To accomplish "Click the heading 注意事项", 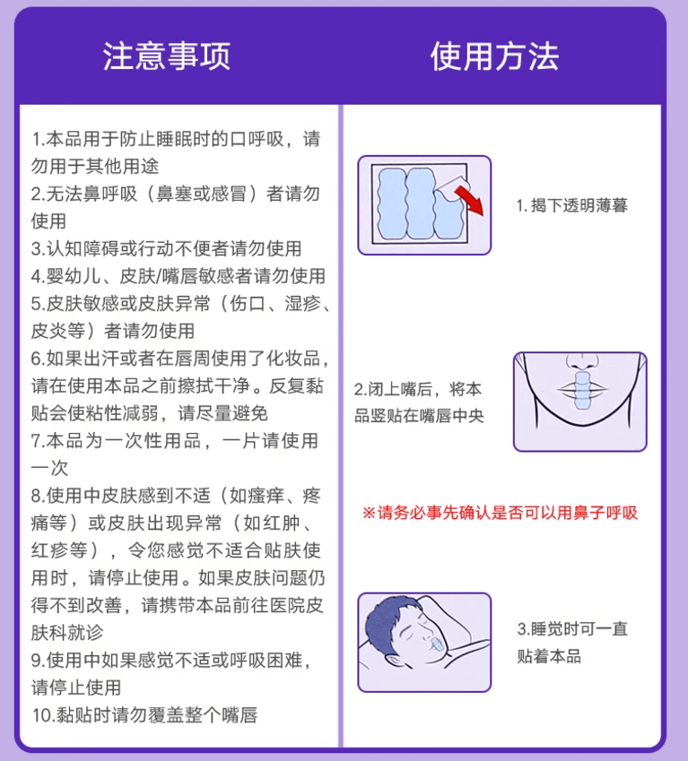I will pos(166,56).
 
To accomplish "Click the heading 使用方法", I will pos(494,56).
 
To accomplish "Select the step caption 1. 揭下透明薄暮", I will pos(571,205).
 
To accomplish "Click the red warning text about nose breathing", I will pos(500,514).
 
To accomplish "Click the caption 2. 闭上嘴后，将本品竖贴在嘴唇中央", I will pos(419,402).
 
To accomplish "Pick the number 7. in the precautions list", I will pos(38,440).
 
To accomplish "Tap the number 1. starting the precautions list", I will pos(37,140).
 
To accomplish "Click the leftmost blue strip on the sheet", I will pos(388,207).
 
